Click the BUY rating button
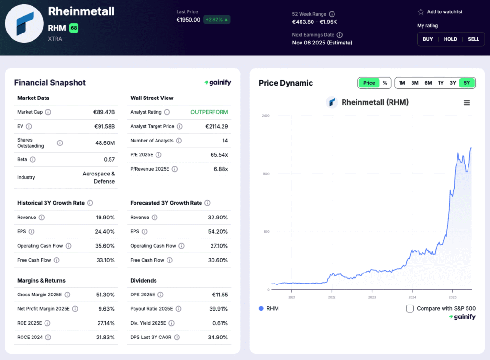click(x=428, y=39)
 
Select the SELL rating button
click(x=473, y=39)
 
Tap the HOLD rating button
click(x=450, y=39)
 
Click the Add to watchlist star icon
click(x=421, y=12)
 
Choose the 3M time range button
click(x=415, y=83)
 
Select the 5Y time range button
click(x=467, y=83)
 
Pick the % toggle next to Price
click(x=385, y=83)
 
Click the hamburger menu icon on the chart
click(x=467, y=103)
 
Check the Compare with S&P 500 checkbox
click(x=410, y=308)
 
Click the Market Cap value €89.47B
click(x=104, y=112)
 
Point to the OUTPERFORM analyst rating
click(x=209, y=112)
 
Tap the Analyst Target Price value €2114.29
click(x=216, y=127)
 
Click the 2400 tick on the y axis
click(x=265, y=116)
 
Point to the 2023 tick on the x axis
click(x=372, y=297)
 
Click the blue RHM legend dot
click(x=261, y=308)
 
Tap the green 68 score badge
click(x=74, y=28)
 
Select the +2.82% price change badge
click(x=217, y=20)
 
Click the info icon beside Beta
click(x=33, y=160)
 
